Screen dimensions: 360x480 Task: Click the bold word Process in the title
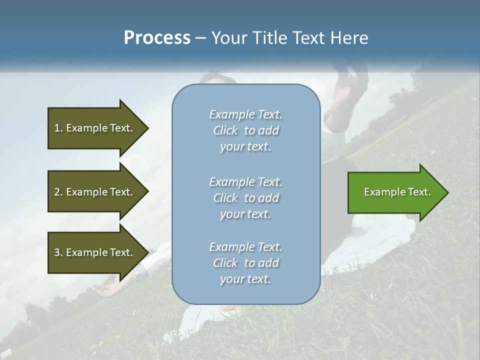[x=157, y=38]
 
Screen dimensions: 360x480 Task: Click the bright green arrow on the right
[x=395, y=192]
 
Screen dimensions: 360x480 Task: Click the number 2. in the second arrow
[x=58, y=192]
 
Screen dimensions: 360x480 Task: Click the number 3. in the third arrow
[x=58, y=252]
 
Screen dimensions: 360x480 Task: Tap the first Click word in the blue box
[x=225, y=130]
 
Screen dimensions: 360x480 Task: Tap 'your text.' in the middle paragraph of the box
[x=245, y=214]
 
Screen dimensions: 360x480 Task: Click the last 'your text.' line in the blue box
[x=245, y=279]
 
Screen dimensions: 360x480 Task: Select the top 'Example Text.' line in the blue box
[x=245, y=114]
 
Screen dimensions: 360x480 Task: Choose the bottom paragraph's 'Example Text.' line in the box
[x=245, y=247]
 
